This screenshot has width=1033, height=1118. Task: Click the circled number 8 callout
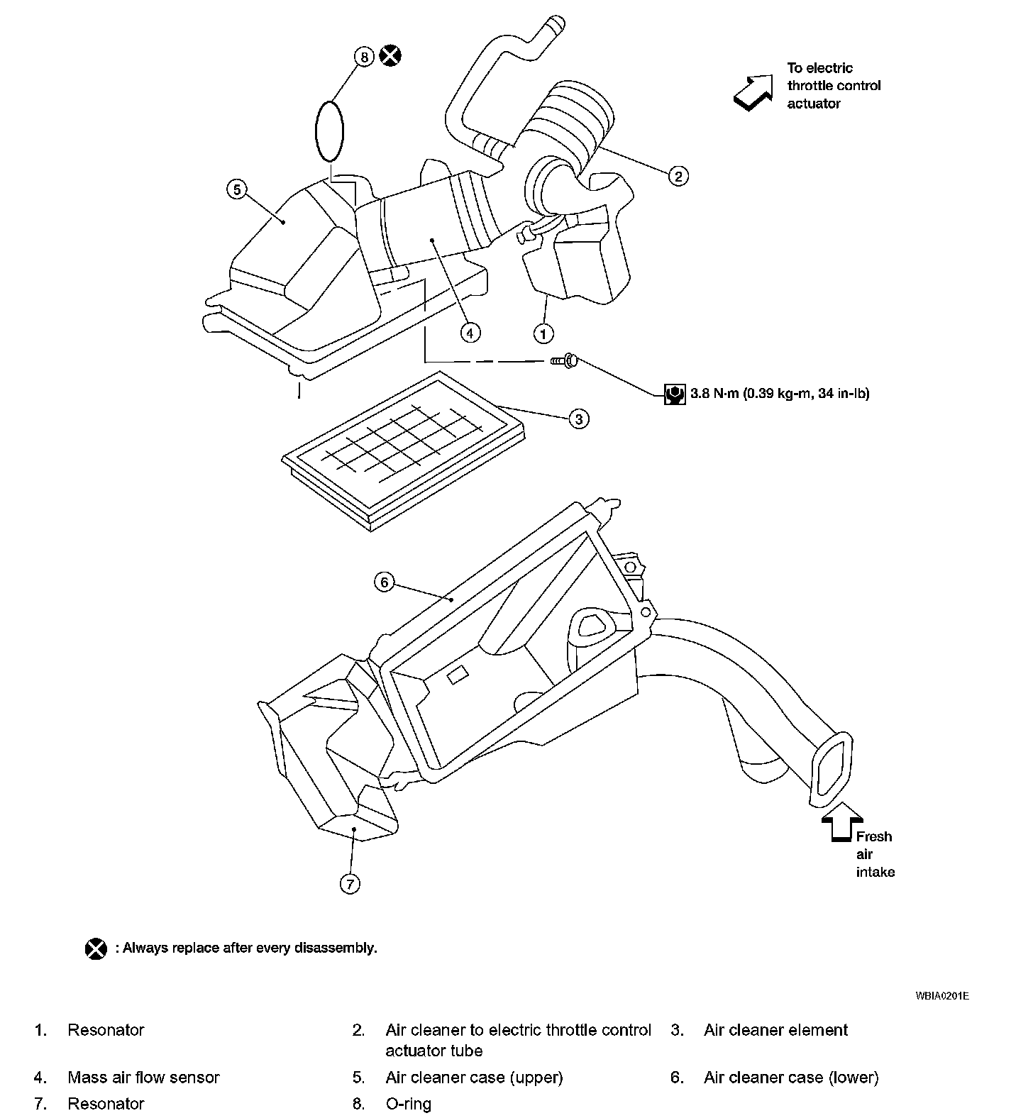point(363,57)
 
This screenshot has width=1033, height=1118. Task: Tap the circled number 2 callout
point(678,175)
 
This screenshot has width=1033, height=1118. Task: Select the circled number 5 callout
point(237,189)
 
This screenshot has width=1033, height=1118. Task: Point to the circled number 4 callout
point(469,332)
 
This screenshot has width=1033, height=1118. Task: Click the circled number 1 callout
point(543,333)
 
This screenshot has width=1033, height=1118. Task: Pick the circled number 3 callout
point(579,419)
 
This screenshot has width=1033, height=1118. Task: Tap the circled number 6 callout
point(384,582)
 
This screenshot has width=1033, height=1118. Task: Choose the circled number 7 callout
point(350,884)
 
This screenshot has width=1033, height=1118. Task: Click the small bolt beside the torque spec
point(565,362)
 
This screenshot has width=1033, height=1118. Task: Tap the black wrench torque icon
point(674,394)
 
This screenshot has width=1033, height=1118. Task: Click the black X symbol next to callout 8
point(390,55)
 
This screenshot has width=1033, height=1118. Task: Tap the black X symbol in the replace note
point(96,948)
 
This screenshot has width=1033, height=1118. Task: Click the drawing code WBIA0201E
point(941,996)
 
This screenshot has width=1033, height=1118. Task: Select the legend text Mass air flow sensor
point(143,1078)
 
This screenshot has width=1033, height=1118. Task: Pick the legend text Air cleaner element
point(775,1030)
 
